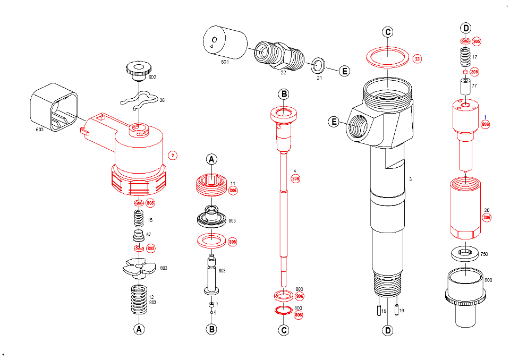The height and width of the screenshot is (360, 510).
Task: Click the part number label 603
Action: point(39,128)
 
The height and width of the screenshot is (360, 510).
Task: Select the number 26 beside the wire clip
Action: point(163,100)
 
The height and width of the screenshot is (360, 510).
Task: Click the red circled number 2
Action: point(172,156)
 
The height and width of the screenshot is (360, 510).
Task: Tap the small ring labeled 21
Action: point(318,65)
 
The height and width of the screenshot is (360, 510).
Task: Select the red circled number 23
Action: point(417,58)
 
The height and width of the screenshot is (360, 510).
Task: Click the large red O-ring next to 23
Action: point(388,56)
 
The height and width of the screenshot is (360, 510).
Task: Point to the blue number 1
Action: point(484,117)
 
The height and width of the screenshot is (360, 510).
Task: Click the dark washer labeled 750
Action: point(465,254)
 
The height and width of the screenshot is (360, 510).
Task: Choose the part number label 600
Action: point(488,280)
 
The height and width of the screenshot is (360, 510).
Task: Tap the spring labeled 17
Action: point(465,57)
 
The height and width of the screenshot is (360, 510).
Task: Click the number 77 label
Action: point(474,85)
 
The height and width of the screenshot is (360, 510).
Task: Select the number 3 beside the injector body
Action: point(410,179)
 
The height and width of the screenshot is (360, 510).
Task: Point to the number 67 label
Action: point(149,234)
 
